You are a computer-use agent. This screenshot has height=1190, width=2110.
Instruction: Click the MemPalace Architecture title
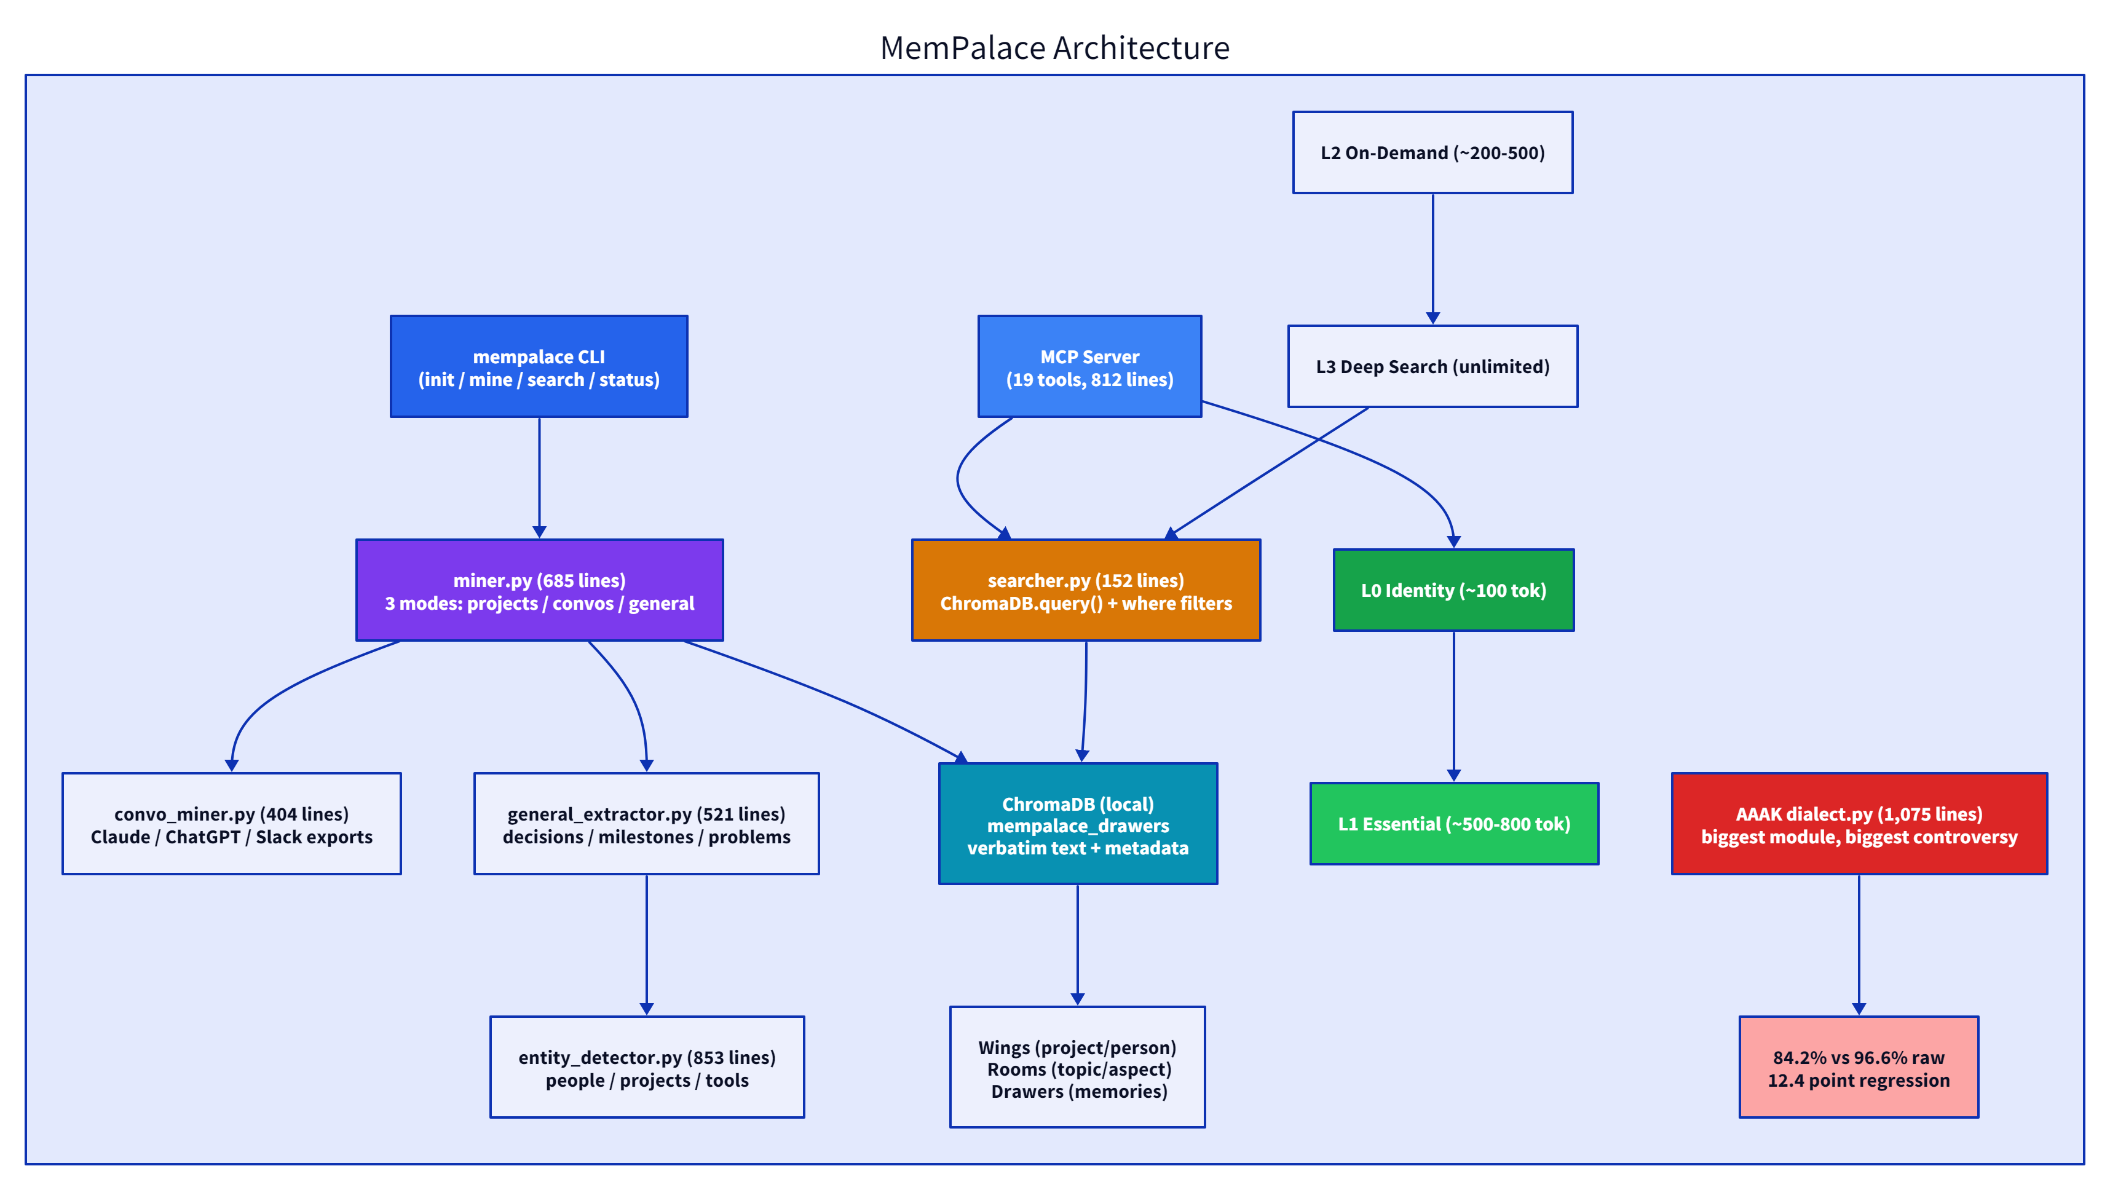pyautogui.click(x=1054, y=47)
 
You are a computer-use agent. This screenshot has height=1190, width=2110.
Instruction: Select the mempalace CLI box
pyautogui.click(x=539, y=367)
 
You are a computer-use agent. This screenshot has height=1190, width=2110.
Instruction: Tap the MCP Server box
pyautogui.click(x=1089, y=367)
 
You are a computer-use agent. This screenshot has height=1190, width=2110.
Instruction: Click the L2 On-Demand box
pyautogui.click(x=1432, y=153)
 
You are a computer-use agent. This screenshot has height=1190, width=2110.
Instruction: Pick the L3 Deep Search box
pyautogui.click(x=1432, y=367)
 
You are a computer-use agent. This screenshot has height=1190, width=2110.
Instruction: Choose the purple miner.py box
pyautogui.click(x=539, y=591)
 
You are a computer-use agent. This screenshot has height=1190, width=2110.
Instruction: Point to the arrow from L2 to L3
pyautogui.click(x=1432, y=258)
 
